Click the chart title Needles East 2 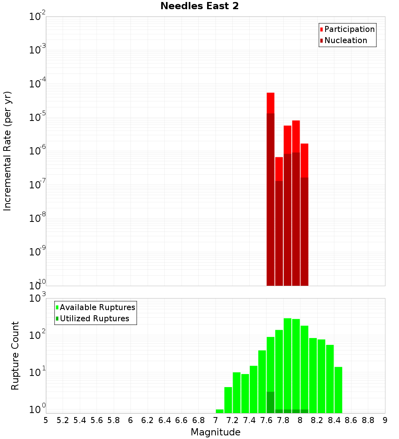click(199, 6)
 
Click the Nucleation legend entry click(345, 40)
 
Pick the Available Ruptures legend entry click(97, 307)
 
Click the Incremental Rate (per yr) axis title click(8, 151)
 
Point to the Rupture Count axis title click(15, 356)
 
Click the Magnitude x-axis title click(215, 432)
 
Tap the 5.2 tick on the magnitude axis click(63, 420)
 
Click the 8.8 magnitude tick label click(368, 420)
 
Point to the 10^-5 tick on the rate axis click(38, 117)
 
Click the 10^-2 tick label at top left click(38, 16)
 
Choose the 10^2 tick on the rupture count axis click(38, 335)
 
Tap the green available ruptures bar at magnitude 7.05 click(219, 411)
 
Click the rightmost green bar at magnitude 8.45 click(338, 389)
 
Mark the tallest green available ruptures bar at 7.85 click(287, 359)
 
